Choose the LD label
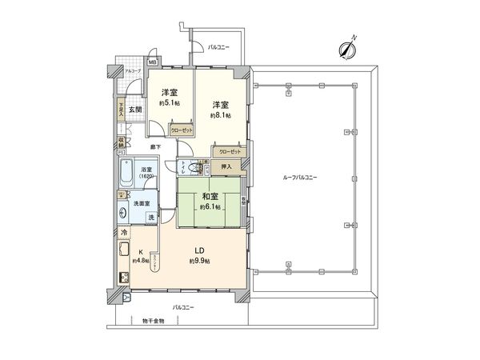click(197, 249)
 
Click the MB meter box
click(152, 62)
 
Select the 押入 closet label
click(226, 166)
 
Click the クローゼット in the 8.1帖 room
click(229, 151)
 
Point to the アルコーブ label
click(133, 71)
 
